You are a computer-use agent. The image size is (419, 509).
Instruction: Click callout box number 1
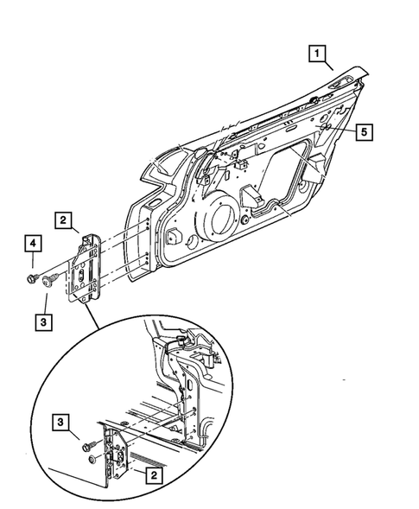[x=320, y=58]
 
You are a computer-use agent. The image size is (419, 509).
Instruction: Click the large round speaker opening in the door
[x=223, y=222]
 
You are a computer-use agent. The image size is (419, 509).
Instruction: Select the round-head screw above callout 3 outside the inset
[x=50, y=277]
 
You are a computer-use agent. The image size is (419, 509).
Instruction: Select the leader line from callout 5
[x=344, y=134]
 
